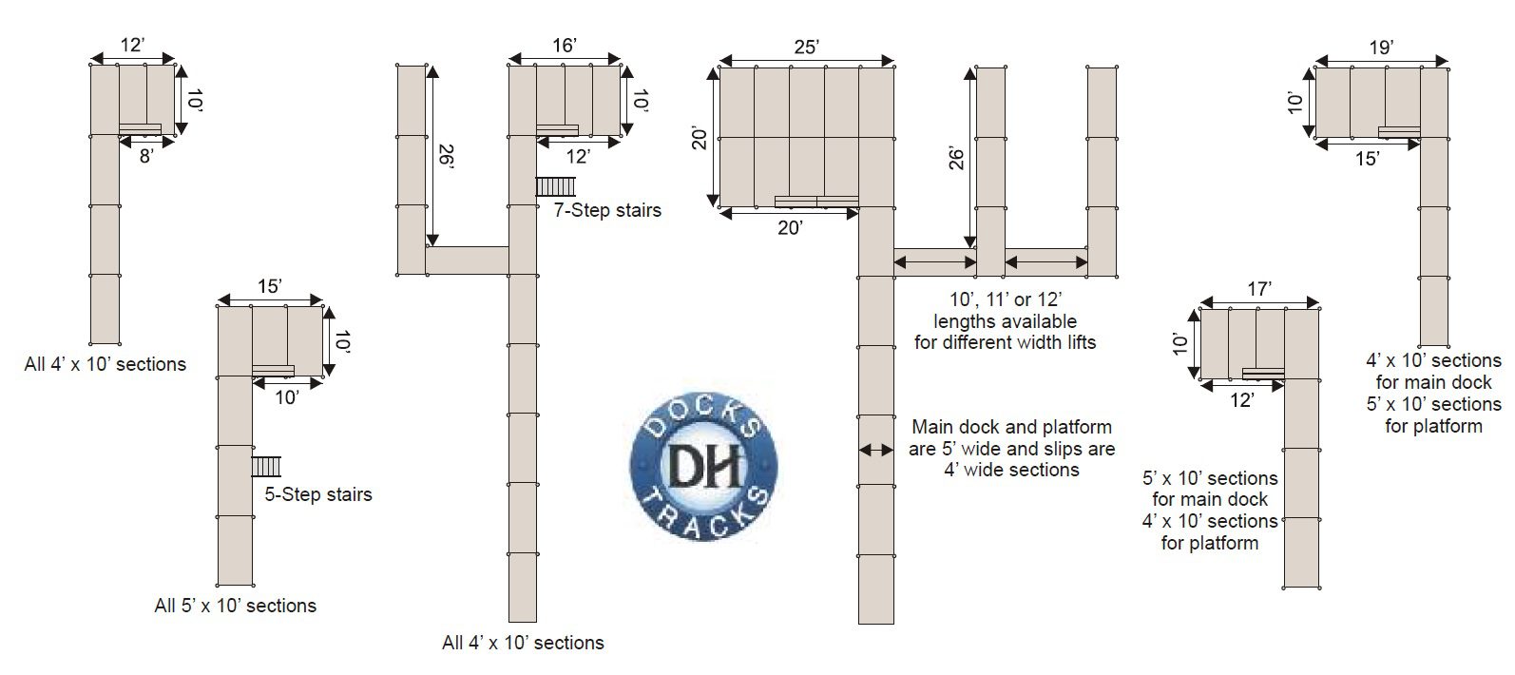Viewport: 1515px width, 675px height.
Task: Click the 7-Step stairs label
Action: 606,210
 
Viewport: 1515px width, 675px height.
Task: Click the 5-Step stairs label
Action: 317,494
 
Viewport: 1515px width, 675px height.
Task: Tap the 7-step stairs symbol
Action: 556,186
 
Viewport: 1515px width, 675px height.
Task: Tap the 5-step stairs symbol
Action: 266,466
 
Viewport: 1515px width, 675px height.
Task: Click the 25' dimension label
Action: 806,47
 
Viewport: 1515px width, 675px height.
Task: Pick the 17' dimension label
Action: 1259,288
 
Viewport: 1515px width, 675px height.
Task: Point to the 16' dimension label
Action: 565,45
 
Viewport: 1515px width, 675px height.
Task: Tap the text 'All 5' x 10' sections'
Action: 235,606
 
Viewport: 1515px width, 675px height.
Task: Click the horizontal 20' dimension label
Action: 790,227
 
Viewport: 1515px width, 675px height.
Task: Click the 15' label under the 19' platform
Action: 1367,159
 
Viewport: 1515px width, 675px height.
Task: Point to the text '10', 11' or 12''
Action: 1004,299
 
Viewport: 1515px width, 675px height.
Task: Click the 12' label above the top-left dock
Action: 133,44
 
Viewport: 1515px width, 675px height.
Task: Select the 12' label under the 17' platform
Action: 1239,400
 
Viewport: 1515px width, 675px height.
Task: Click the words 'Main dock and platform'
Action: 1011,427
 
